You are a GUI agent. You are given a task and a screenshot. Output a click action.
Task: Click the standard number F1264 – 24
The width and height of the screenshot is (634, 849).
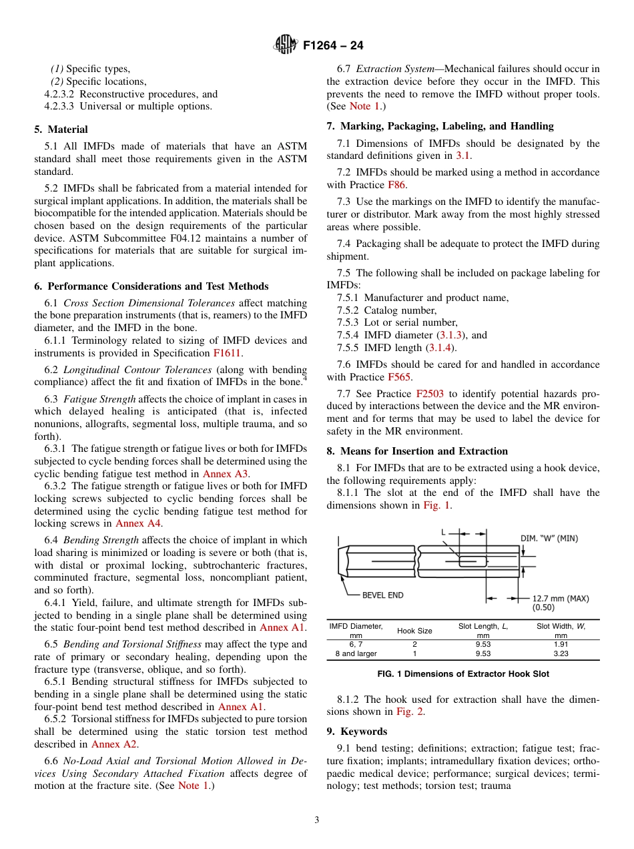(332, 45)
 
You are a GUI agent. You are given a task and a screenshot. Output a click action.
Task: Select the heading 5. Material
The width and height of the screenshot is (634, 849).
(61, 129)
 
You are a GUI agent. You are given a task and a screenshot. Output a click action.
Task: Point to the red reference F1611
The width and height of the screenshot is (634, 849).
(228, 352)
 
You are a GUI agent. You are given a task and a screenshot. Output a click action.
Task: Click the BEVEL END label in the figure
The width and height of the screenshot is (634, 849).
(382, 594)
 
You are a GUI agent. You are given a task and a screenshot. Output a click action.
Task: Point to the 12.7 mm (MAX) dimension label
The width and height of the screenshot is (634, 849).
(560, 598)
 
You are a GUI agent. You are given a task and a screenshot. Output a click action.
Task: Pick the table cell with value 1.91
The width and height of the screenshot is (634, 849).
(561, 644)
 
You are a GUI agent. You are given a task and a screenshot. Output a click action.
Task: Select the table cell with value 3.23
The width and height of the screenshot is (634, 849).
(561, 653)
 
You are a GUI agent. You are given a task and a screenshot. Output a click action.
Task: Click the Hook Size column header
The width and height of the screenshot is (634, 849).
(414, 630)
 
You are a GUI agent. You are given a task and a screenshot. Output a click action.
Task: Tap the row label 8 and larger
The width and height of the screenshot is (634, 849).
(356, 653)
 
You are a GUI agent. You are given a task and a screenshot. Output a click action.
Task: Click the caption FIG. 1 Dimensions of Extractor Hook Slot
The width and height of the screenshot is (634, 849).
(462, 674)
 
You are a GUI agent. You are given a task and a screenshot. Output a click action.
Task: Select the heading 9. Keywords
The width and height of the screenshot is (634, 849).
(356, 731)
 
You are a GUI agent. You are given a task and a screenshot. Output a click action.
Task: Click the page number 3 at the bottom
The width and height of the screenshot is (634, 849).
(317, 820)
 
